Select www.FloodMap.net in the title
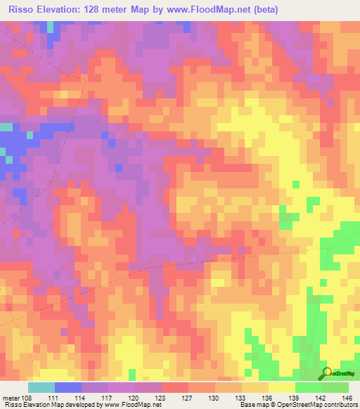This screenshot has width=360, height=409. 210,10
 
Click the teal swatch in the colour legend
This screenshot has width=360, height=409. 41,387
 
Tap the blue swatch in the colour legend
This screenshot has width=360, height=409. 68,387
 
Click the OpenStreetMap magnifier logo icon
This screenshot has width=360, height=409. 327,373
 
